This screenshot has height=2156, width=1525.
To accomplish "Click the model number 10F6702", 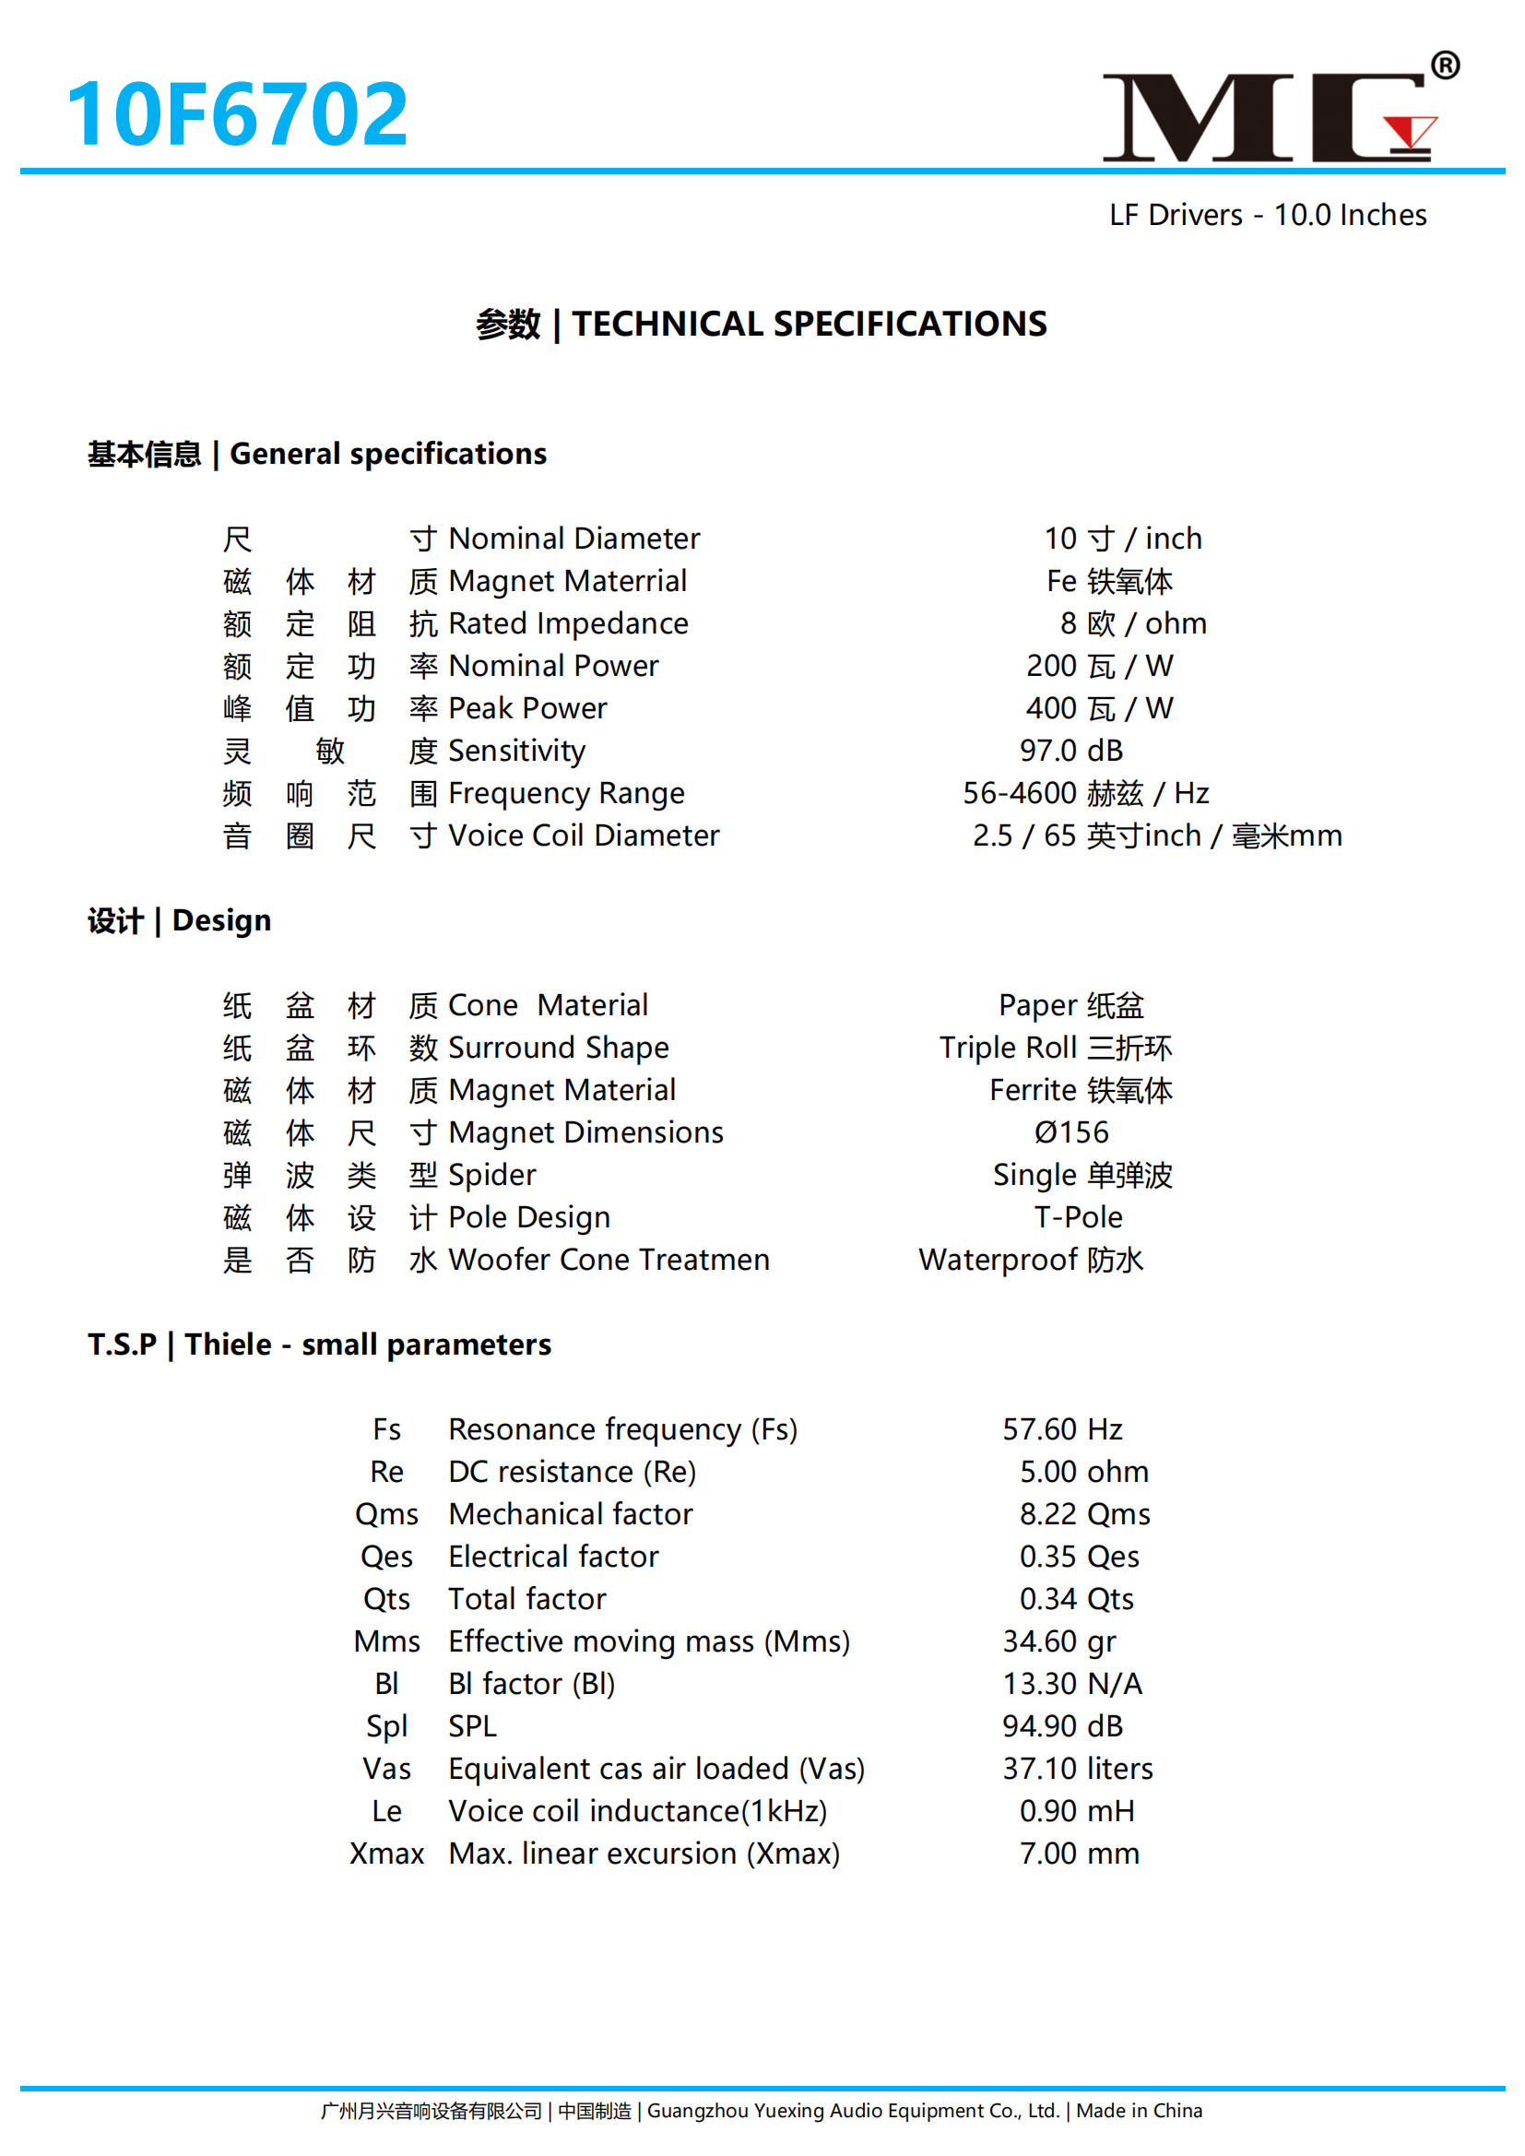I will click(237, 114).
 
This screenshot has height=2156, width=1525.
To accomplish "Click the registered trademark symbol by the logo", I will click(1445, 65).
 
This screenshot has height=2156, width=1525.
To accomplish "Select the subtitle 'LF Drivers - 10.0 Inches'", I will click(1268, 215).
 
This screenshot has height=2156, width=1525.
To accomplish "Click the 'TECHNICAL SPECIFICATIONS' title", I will click(810, 324).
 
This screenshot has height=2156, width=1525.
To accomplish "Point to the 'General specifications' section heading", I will click(388, 455).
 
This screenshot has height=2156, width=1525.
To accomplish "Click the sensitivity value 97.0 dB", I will click(1071, 752).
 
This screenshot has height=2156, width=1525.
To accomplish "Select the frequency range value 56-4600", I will click(1020, 793).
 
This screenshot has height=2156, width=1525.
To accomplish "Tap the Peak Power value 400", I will click(1051, 708).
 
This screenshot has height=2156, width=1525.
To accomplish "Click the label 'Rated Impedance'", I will click(568, 623).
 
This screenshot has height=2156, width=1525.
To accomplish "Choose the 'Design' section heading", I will click(221, 921).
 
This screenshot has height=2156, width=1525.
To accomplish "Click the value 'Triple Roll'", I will click(1008, 1048).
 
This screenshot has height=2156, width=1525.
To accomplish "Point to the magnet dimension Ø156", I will click(1071, 1132).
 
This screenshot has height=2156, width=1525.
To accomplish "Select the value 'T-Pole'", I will click(1078, 1218).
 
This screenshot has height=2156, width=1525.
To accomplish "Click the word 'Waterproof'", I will click(998, 1261).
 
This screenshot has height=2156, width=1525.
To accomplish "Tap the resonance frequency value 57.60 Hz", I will click(1062, 1430).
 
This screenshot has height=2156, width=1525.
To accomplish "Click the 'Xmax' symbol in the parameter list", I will click(387, 1854).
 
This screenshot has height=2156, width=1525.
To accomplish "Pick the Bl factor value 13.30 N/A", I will click(1072, 1685).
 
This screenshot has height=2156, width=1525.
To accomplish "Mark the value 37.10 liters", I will click(1077, 1769).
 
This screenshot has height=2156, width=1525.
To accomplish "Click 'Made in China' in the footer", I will click(1139, 2111).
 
